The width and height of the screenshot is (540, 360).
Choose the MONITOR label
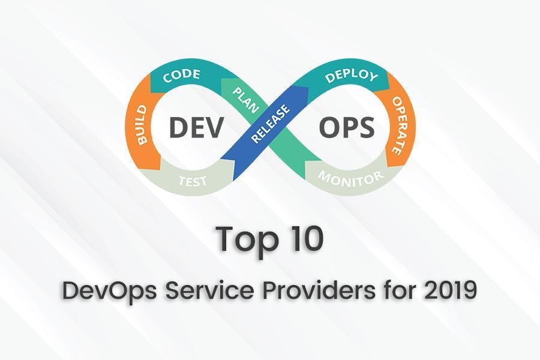coord(350,177)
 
